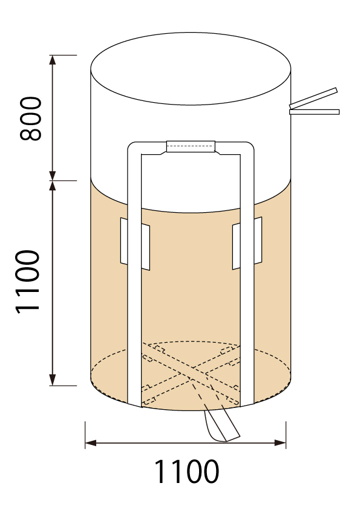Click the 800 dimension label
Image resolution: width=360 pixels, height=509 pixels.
pyautogui.click(x=31, y=118)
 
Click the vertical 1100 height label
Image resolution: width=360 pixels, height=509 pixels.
pyautogui.click(x=28, y=282)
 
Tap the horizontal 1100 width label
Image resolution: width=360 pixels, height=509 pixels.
pyautogui.click(x=186, y=472)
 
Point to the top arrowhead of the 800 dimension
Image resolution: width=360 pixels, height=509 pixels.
pyautogui.click(x=52, y=60)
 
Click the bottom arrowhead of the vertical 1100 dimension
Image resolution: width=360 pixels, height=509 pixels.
pyautogui.click(x=52, y=380)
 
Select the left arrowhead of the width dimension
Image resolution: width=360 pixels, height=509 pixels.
pyautogui.click(x=91, y=443)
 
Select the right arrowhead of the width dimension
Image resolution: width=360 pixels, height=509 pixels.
pyautogui.click(x=280, y=443)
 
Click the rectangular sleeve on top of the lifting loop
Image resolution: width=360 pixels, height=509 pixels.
pyautogui.click(x=191, y=146)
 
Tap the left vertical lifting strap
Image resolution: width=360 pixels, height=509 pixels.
pyautogui.click(x=134, y=276)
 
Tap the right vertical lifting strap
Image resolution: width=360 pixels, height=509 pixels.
pyautogui.click(x=247, y=276)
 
